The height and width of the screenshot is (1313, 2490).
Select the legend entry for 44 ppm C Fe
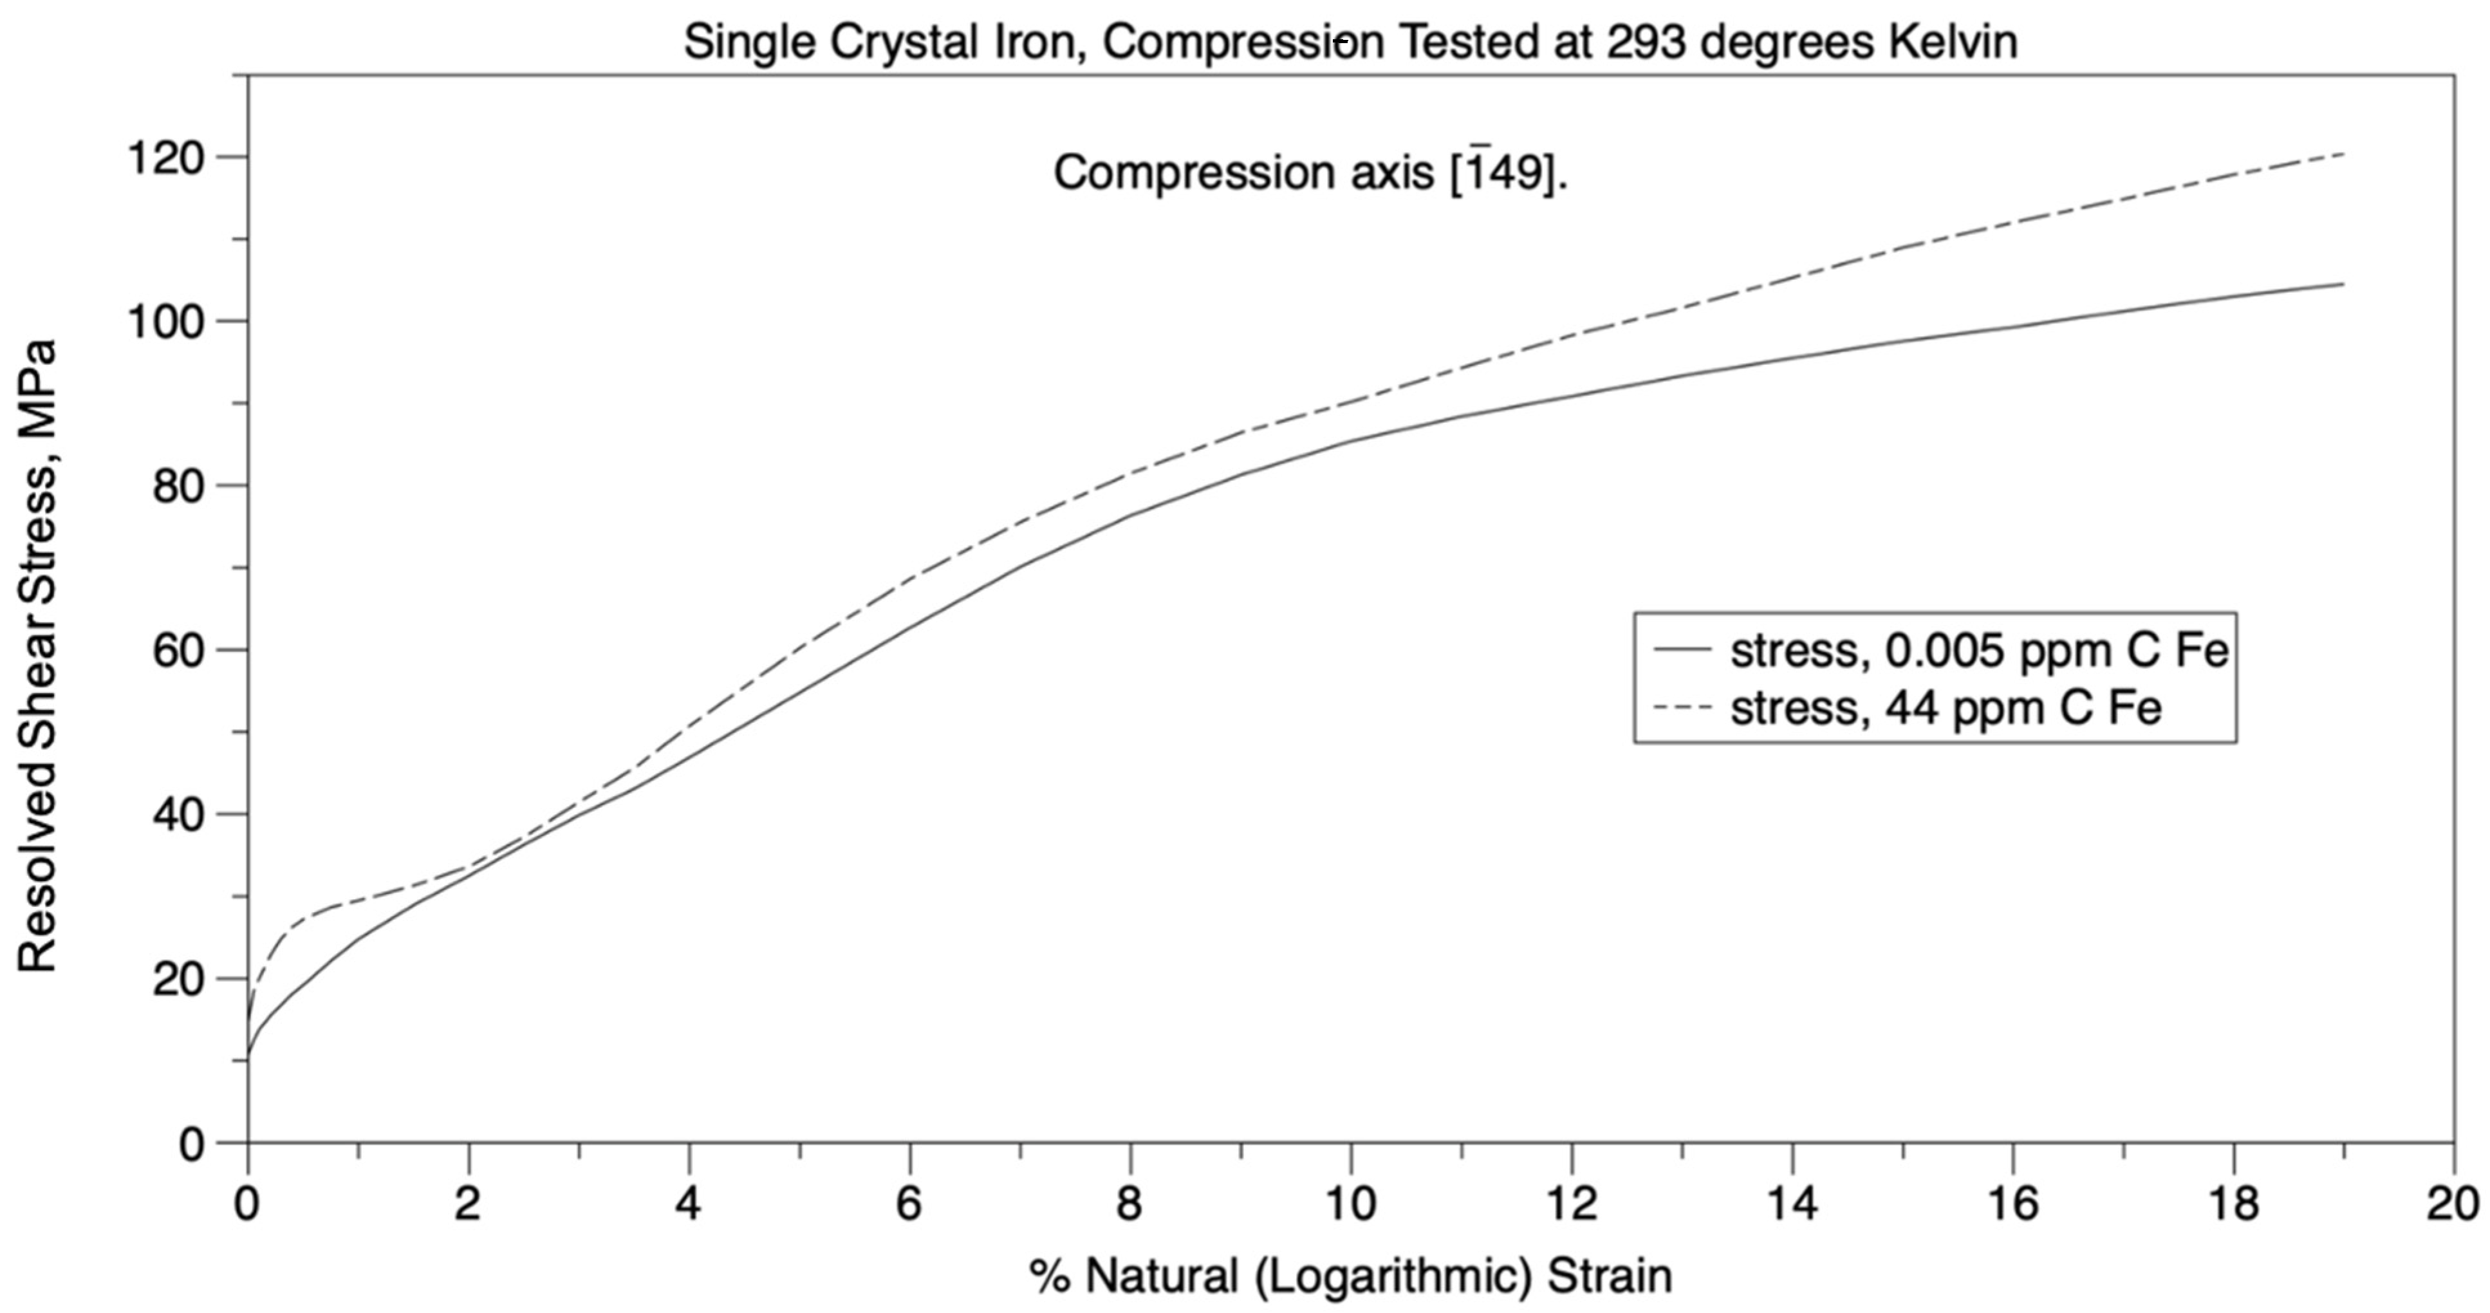1945,709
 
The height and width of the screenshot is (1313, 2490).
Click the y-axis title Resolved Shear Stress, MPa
39,655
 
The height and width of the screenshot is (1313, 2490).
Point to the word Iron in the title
1038,42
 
